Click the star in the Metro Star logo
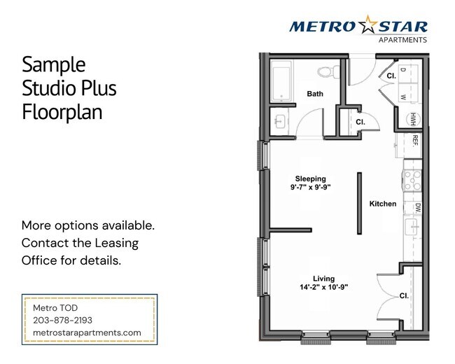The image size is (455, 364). click(369, 26)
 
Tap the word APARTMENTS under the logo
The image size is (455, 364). click(402, 40)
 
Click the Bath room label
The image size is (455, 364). click(315, 93)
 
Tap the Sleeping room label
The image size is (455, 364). click(310, 178)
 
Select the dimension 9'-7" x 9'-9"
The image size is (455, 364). click(310, 188)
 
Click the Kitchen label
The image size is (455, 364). click(383, 204)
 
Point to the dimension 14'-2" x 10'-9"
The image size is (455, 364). click(319, 286)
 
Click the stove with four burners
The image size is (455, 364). click(412, 181)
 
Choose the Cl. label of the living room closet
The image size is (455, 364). click(404, 295)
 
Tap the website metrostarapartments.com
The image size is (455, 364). click(87, 332)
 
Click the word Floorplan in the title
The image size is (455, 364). click(62, 112)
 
